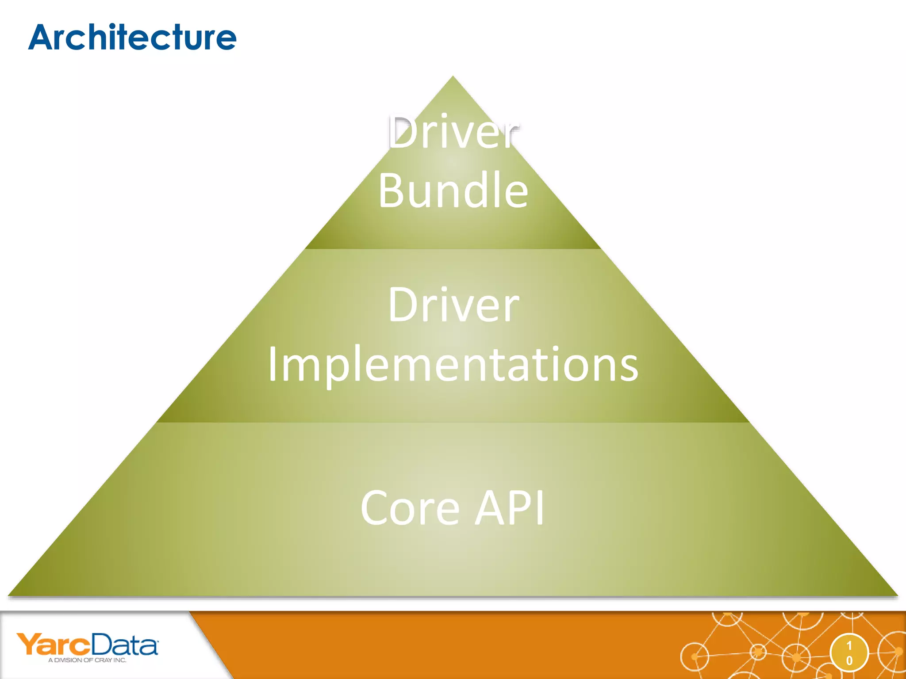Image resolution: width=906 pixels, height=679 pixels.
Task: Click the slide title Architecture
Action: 133,38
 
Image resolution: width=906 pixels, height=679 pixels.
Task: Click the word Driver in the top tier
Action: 453,133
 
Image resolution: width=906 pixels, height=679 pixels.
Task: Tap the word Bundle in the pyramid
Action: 453,190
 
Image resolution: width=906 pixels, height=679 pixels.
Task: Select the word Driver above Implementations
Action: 453,305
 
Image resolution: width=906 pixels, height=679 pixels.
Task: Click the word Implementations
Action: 453,365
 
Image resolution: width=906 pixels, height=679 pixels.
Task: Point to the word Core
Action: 410,508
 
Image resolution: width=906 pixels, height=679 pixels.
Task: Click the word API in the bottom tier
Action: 510,508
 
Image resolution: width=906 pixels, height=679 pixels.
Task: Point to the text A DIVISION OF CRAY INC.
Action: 87,660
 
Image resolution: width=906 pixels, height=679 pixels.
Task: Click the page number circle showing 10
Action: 849,653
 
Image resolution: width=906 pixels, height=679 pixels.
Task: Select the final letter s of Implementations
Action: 628,369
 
